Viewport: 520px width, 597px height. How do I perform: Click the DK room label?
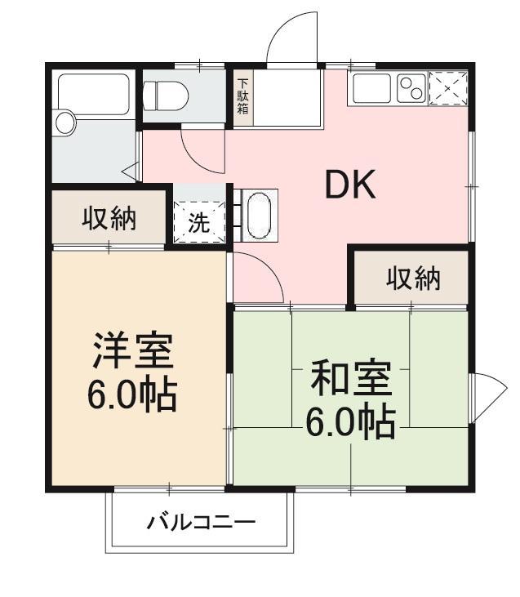click(350, 186)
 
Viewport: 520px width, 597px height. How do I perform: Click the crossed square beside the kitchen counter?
click(449, 87)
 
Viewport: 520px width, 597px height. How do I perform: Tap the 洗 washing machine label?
click(199, 224)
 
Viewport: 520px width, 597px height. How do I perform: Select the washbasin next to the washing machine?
click(256, 215)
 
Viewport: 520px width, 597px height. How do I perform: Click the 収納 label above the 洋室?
click(109, 218)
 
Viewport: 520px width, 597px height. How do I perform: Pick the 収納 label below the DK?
click(413, 278)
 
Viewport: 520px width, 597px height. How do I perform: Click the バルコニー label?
click(201, 522)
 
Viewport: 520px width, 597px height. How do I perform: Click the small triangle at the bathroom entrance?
click(130, 172)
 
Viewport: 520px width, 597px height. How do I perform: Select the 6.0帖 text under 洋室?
click(132, 395)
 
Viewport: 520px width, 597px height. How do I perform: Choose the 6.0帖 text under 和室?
click(351, 421)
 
